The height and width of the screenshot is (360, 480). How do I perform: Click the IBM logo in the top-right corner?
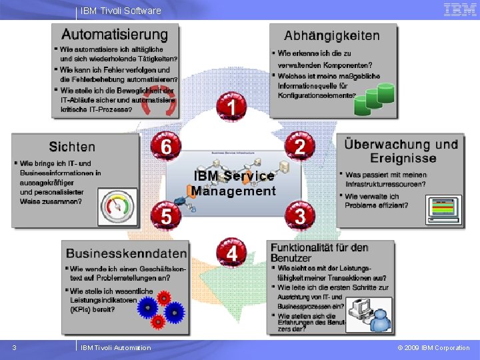(459, 9)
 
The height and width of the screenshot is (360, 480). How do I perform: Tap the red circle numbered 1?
(231, 106)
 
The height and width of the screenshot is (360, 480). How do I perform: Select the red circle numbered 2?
(300, 146)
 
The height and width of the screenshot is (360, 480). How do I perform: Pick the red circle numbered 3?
(300, 215)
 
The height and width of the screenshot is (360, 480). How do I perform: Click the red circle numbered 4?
(231, 253)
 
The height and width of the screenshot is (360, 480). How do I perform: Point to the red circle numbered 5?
(165, 215)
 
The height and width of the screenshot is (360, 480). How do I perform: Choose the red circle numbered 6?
(165, 146)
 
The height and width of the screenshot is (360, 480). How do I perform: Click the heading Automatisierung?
(115, 34)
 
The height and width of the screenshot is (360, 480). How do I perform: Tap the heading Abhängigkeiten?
(332, 36)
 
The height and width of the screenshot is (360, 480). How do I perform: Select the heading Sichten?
(72, 147)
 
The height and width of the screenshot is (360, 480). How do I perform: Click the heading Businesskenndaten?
(126, 253)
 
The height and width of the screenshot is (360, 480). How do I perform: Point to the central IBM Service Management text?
(233, 183)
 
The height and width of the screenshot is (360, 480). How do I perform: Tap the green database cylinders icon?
(370, 100)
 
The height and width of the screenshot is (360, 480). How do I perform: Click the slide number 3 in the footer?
(14, 347)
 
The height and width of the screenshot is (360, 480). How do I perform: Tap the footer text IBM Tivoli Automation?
(115, 347)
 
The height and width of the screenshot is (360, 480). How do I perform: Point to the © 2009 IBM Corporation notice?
(433, 347)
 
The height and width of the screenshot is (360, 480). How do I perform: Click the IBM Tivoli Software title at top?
(121, 11)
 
